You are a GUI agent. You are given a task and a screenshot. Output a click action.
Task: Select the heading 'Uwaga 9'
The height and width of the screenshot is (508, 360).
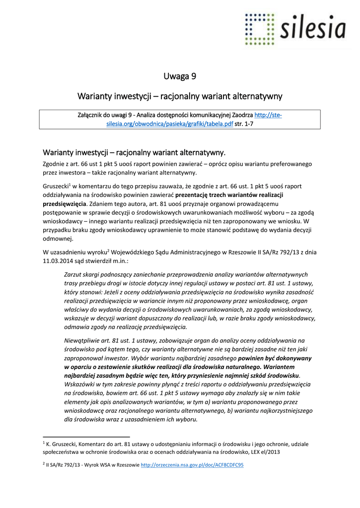pos(180,76)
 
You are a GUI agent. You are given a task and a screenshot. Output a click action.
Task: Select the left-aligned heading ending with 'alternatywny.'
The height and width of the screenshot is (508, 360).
pos(134,152)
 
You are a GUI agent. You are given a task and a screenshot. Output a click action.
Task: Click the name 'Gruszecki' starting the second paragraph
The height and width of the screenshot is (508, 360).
pos(55,186)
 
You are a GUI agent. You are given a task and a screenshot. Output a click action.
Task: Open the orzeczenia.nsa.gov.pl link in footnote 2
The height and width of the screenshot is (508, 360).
pos(192,465)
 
